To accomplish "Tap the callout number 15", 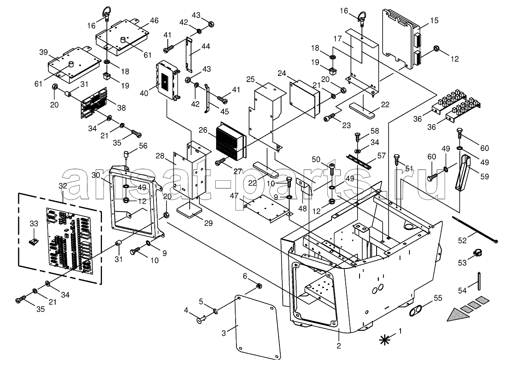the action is click(x=434, y=20).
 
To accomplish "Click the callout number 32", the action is click(x=63, y=186).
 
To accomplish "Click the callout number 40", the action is click(x=144, y=93).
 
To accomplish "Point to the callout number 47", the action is click(x=234, y=196).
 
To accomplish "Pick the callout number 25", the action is click(x=250, y=80).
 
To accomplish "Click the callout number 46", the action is click(x=154, y=21).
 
